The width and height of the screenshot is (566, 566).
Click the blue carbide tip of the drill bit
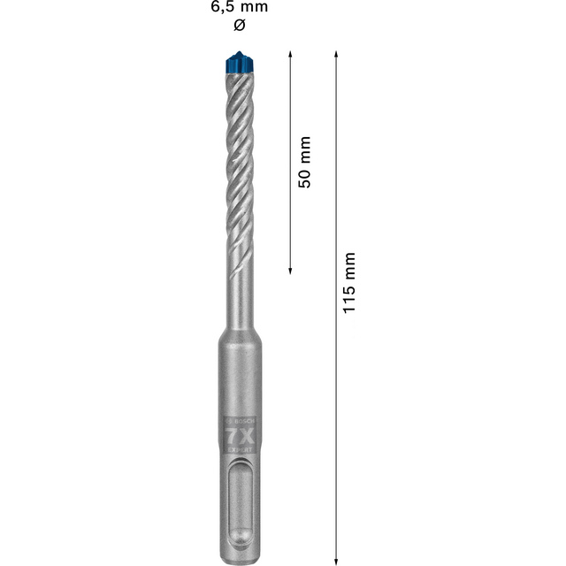(237, 64)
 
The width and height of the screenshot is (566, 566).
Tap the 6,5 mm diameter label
(237, 7)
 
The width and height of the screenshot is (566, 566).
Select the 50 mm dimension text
(304, 161)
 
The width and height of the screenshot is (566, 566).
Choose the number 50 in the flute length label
(304, 174)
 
